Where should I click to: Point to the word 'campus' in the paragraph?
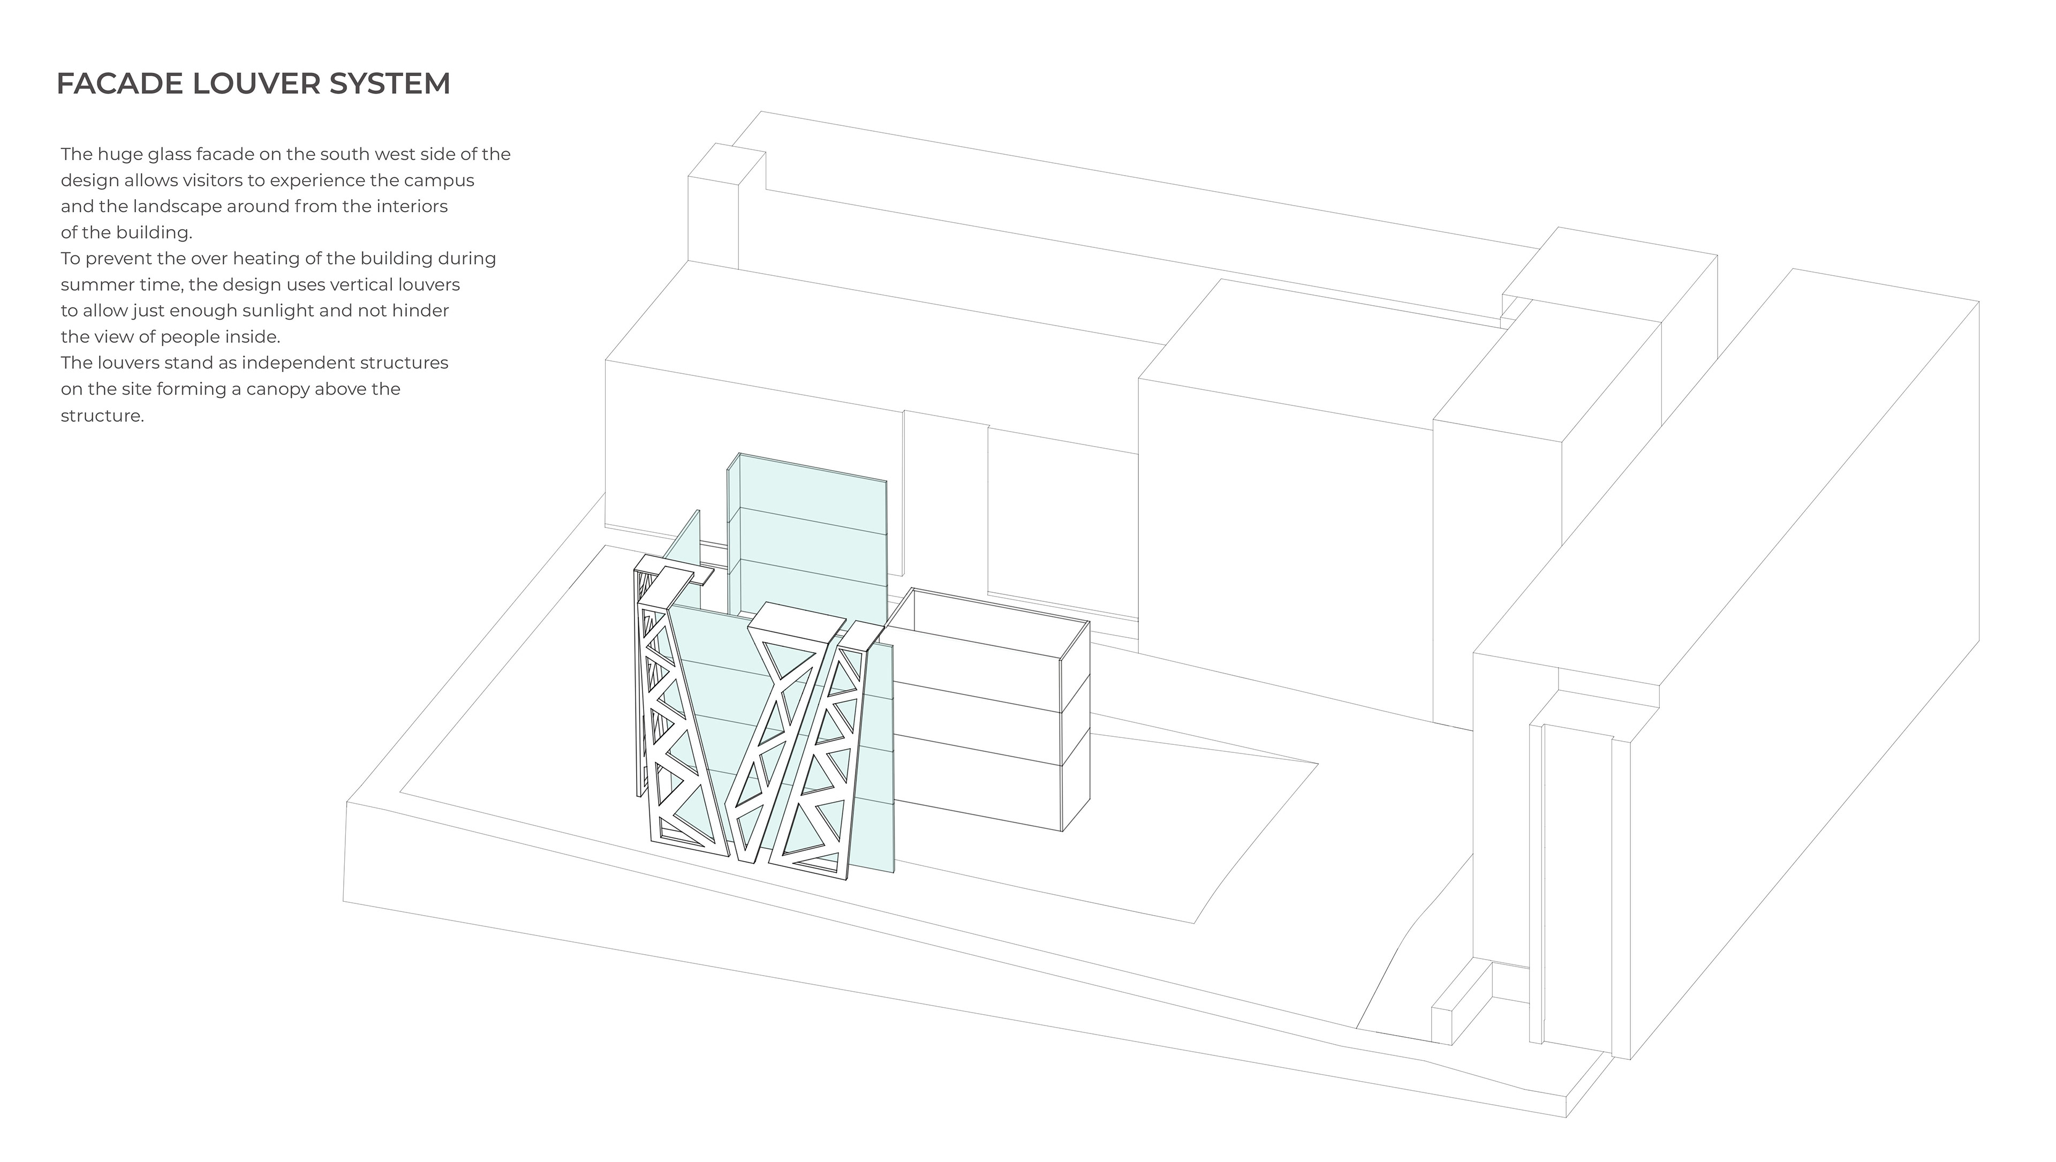click(443, 181)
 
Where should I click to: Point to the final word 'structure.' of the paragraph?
click(102, 416)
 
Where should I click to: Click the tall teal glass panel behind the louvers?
click(806, 542)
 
